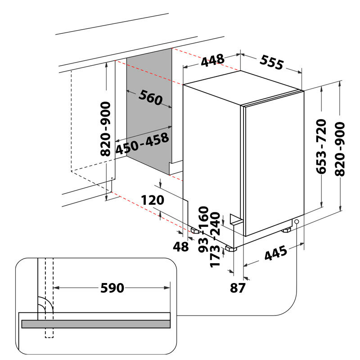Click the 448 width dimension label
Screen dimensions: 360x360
pos(212,60)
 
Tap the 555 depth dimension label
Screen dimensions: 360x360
pos(272,62)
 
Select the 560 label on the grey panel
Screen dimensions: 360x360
pos(150,98)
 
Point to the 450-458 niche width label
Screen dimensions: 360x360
pos(142,143)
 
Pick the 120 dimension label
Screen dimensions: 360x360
pos(153,200)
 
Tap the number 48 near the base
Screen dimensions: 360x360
pos(181,247)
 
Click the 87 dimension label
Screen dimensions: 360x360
pos(238,288)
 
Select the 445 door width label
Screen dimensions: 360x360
pos(276,253)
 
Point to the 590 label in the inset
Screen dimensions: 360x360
pos(112,288)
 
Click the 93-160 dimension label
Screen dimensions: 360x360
pos(204,229)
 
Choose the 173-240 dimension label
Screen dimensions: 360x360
pos(216,240)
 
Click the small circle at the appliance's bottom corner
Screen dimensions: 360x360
pos(297,222)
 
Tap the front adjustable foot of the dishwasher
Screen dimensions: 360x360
pos(231,248)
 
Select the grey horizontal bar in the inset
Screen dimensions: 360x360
pos(96,324)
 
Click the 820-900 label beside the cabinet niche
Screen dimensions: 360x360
pos(105,129)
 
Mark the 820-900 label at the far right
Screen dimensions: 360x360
pos(340,149)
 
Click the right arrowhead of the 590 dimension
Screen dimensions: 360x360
pos(167,288)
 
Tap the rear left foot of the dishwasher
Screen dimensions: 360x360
pos(195,231)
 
